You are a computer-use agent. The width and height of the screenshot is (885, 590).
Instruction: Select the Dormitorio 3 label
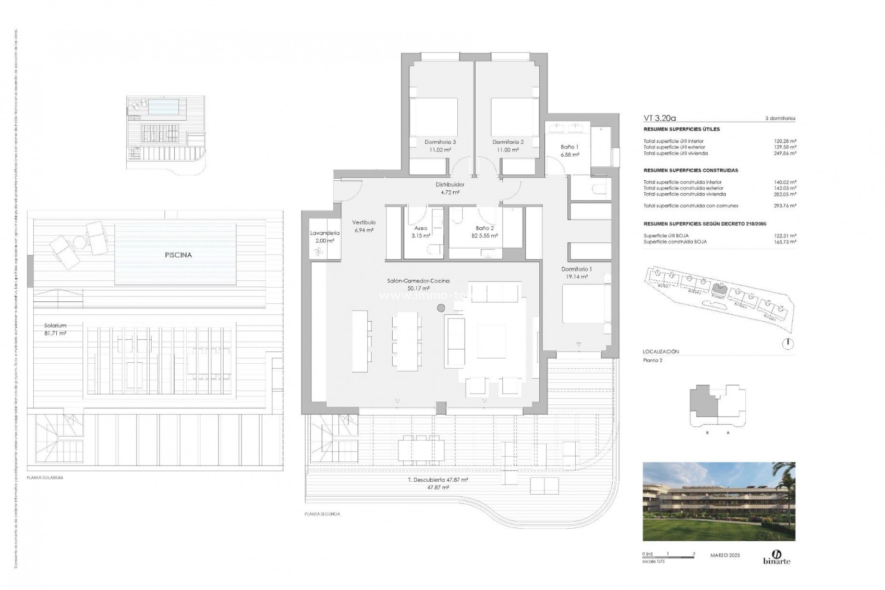click(440, 142)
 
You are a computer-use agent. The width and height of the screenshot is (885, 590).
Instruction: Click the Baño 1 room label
click(569, 147)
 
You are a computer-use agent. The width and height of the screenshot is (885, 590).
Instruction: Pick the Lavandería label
click(325, 233)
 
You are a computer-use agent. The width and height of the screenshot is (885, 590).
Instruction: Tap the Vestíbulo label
click(364, 222)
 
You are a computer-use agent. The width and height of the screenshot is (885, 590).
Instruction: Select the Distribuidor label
click(450, 184)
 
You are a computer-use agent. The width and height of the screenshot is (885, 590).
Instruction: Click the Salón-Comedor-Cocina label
click(418, 281)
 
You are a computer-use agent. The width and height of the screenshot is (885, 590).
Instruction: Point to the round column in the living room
click(441, 308)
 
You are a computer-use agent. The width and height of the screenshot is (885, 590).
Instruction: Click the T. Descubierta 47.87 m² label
click(438, 480)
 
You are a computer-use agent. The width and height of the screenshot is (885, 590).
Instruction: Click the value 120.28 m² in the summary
click(785, 142)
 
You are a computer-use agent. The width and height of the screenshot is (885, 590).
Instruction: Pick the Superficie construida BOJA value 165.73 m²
click(785, 242)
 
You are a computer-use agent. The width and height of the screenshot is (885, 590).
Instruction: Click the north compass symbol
click(789, 343)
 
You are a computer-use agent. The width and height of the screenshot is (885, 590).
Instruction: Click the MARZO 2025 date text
click(725, 555)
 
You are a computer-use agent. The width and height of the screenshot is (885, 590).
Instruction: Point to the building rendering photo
click(719, 501)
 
